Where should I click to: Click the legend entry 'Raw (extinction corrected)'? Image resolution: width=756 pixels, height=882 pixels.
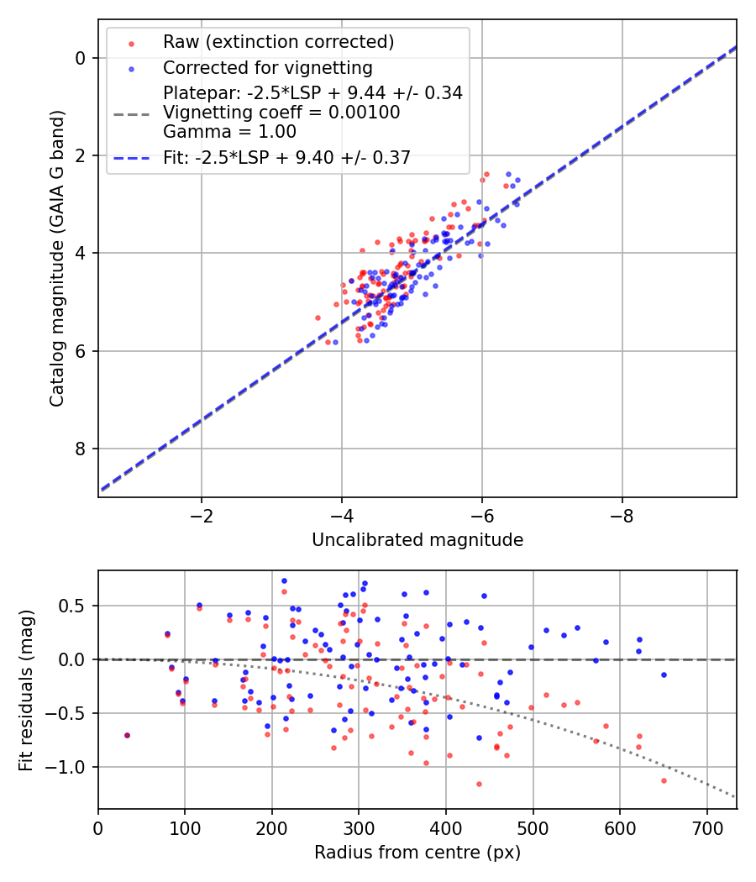point(278,42)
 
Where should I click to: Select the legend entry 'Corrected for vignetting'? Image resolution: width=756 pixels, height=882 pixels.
point(268,67)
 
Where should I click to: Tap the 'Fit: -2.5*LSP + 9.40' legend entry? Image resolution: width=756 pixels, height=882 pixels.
point(286,157)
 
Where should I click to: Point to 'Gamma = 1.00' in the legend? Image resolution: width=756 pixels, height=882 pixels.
point(229,131)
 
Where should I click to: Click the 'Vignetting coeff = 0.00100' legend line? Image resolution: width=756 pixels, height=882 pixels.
point(281,112)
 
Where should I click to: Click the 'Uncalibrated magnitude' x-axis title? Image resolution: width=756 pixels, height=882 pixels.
point(417,540)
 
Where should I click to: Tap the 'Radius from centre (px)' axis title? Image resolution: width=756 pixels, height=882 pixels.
point(417,853)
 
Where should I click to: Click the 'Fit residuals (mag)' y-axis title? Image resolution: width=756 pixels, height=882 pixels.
point(27,689)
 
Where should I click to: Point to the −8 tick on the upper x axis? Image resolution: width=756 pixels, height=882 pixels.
point(622,514)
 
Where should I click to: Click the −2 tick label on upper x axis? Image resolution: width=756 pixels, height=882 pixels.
point(202,514)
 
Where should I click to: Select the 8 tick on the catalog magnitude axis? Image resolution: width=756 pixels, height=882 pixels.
point(80,449)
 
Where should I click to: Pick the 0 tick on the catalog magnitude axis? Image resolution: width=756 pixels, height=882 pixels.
point(80,58)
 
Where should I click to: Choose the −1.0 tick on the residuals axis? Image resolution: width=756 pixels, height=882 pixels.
point(71,767)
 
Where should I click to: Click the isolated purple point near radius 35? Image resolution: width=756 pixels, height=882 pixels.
point(128,735)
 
